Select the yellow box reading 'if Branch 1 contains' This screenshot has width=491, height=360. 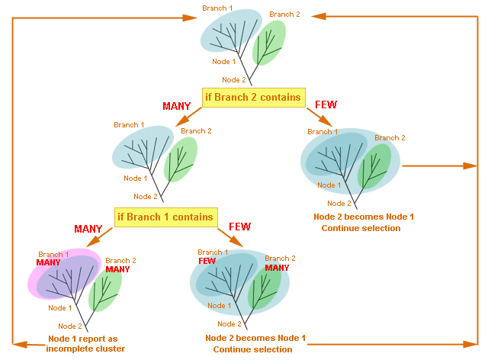pyautogui.click(x=165, y=217)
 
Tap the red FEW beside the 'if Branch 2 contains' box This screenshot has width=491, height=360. pyautogui.click(x=326, y=104)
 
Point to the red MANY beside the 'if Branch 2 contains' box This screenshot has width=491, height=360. pyautogui.click(x=178, y=106)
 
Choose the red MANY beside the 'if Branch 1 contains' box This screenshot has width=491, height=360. pyautogui.click(x=88, y=229)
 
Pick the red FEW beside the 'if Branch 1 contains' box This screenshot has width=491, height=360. pyautogui.click(x=240, y=227)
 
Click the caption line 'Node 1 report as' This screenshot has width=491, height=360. pyautogui.click(x=86, y=339)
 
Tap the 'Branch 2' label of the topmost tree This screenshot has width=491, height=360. pyautogui.click(x=284, y=14)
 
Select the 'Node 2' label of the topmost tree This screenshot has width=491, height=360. pyautogui.click(x=234, y=79)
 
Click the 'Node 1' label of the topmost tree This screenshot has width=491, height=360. pyautogui.click(x=223, y=61)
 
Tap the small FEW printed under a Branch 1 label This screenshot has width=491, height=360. pyautogui.click(x=207, y=260)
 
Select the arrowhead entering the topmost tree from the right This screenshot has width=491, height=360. pyautogui.click(x=314, y=15)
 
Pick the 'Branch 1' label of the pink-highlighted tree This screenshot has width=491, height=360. pyautogui.click(x=53, y=255)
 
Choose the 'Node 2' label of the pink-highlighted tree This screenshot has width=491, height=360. pyautogui.click(x=70, y=326)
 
